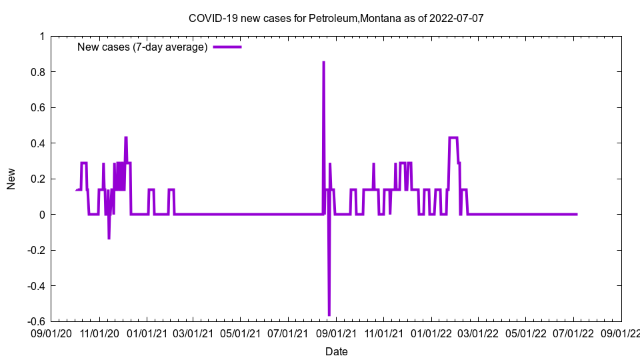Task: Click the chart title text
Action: coord(336,19)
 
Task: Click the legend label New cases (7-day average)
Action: coord(143,47)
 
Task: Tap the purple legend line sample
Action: coord(227,47)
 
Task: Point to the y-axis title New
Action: coord(11,179)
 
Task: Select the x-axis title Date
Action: coord(336,351)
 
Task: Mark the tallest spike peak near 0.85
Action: coord(323,62)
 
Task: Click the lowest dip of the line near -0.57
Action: coord(329,315)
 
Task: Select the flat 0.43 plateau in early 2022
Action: coord(453,138)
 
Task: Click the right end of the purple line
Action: coord(577,214)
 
